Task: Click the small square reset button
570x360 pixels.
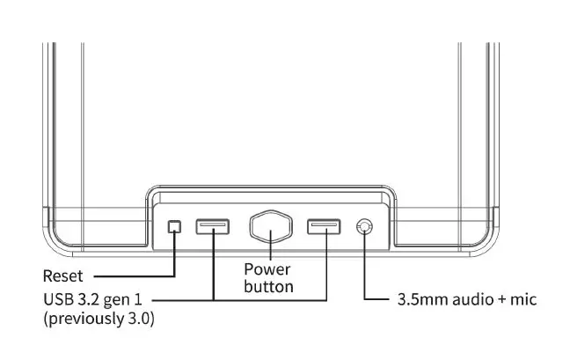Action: click(x=174, y=227)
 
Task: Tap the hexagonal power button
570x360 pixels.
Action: click(x=268, y=229)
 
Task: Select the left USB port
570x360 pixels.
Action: click(x=213, y=227)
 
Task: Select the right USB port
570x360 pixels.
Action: click(x=324, y=227)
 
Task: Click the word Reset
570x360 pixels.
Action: click(x=63, y=276)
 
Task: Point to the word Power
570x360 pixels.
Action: click(x=267, y=269)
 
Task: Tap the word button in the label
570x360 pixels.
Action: click(x=268, y=286)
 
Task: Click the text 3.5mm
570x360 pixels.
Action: click(x=416, y=299)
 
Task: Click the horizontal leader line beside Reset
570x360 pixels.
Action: click(x=132, y=276)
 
